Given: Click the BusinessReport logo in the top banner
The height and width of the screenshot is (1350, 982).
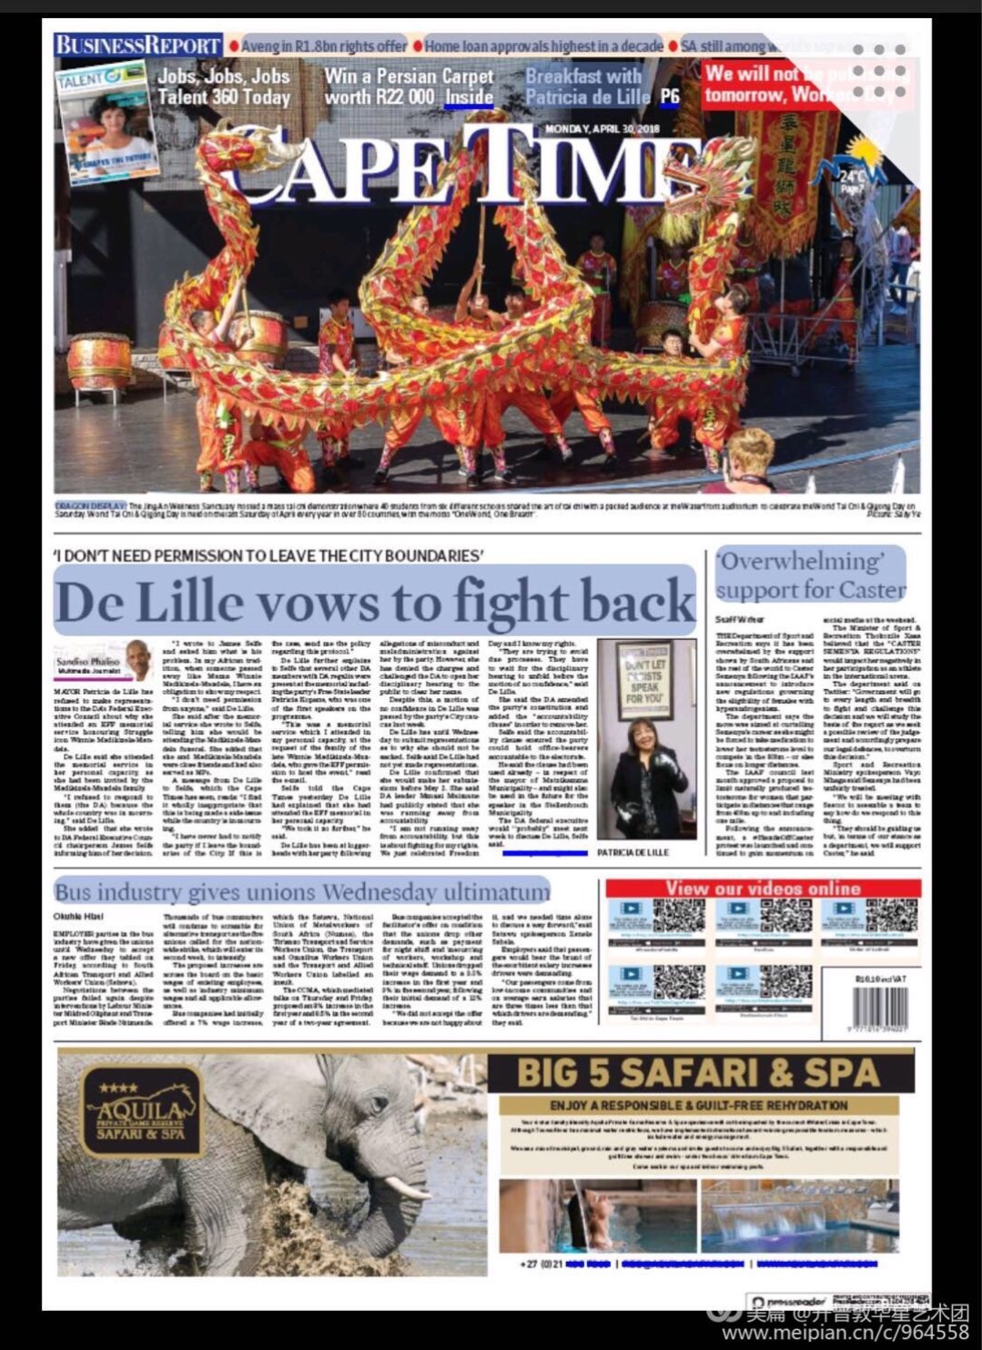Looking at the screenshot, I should tap(137, 45).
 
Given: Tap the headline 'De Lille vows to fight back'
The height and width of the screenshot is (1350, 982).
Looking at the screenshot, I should tap(374, 601).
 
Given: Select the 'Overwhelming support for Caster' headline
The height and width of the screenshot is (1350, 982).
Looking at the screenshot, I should tap(810, 575).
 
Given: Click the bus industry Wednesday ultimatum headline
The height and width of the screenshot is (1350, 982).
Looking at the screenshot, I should tap(302, 891).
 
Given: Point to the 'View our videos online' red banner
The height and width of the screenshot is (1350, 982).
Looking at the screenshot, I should tap(763, 888).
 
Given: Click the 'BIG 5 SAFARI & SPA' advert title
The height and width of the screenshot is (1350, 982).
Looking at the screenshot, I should tap(698, 1072).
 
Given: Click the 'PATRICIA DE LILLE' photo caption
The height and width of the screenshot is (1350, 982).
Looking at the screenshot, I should tap(633, 853).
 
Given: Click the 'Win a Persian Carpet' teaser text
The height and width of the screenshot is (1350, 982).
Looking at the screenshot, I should tap(409, 86).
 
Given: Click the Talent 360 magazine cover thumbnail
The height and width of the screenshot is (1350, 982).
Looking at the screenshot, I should tap(107, 118).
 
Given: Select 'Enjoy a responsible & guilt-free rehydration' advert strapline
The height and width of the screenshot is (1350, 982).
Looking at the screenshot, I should tap(698, 1105).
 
